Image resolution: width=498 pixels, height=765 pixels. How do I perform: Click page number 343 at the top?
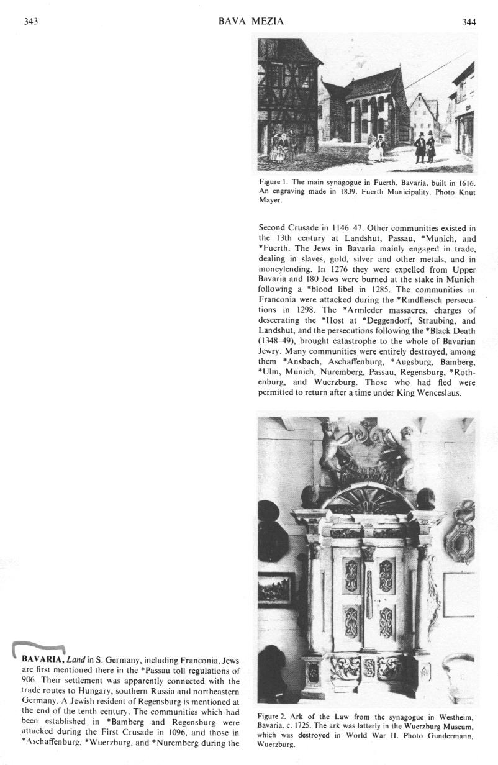pyautogui.click(x=30, y=22)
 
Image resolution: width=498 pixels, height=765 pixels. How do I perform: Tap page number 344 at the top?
pyautogui.click(x=469, y=22)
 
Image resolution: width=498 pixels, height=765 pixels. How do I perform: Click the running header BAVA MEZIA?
pyautogui.click(x=251, y=22)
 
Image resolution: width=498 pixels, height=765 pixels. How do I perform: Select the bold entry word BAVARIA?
pyautogui.click(x=43, y=659)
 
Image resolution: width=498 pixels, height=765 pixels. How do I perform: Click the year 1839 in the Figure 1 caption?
pyautogui.click(x=342, y=191)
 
